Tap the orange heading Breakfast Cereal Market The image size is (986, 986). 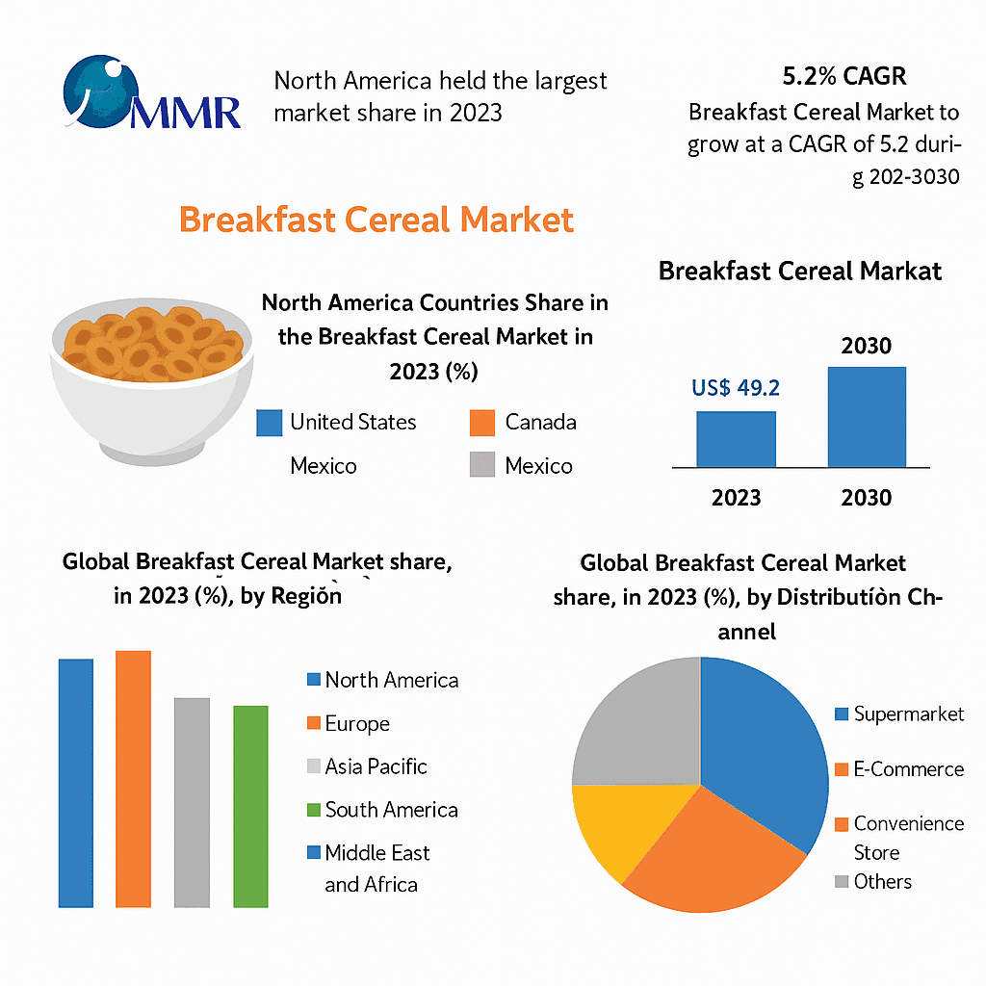pos(376,220)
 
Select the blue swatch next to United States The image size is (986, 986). pos(269,423)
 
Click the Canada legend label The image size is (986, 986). pos(540,422)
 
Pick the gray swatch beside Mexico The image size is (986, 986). pos(481,466)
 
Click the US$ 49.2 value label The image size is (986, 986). pos(736,388)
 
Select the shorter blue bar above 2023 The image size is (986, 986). pos(736,439)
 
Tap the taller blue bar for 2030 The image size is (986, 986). pos(867,416)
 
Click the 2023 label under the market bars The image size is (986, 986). pos(736,498)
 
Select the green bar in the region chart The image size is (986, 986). pos(250,806)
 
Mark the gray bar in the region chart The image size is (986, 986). pos(192,801)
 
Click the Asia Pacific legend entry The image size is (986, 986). pos(376,766)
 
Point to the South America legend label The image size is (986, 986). pos(391,810)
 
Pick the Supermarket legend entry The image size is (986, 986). pos(908,714)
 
